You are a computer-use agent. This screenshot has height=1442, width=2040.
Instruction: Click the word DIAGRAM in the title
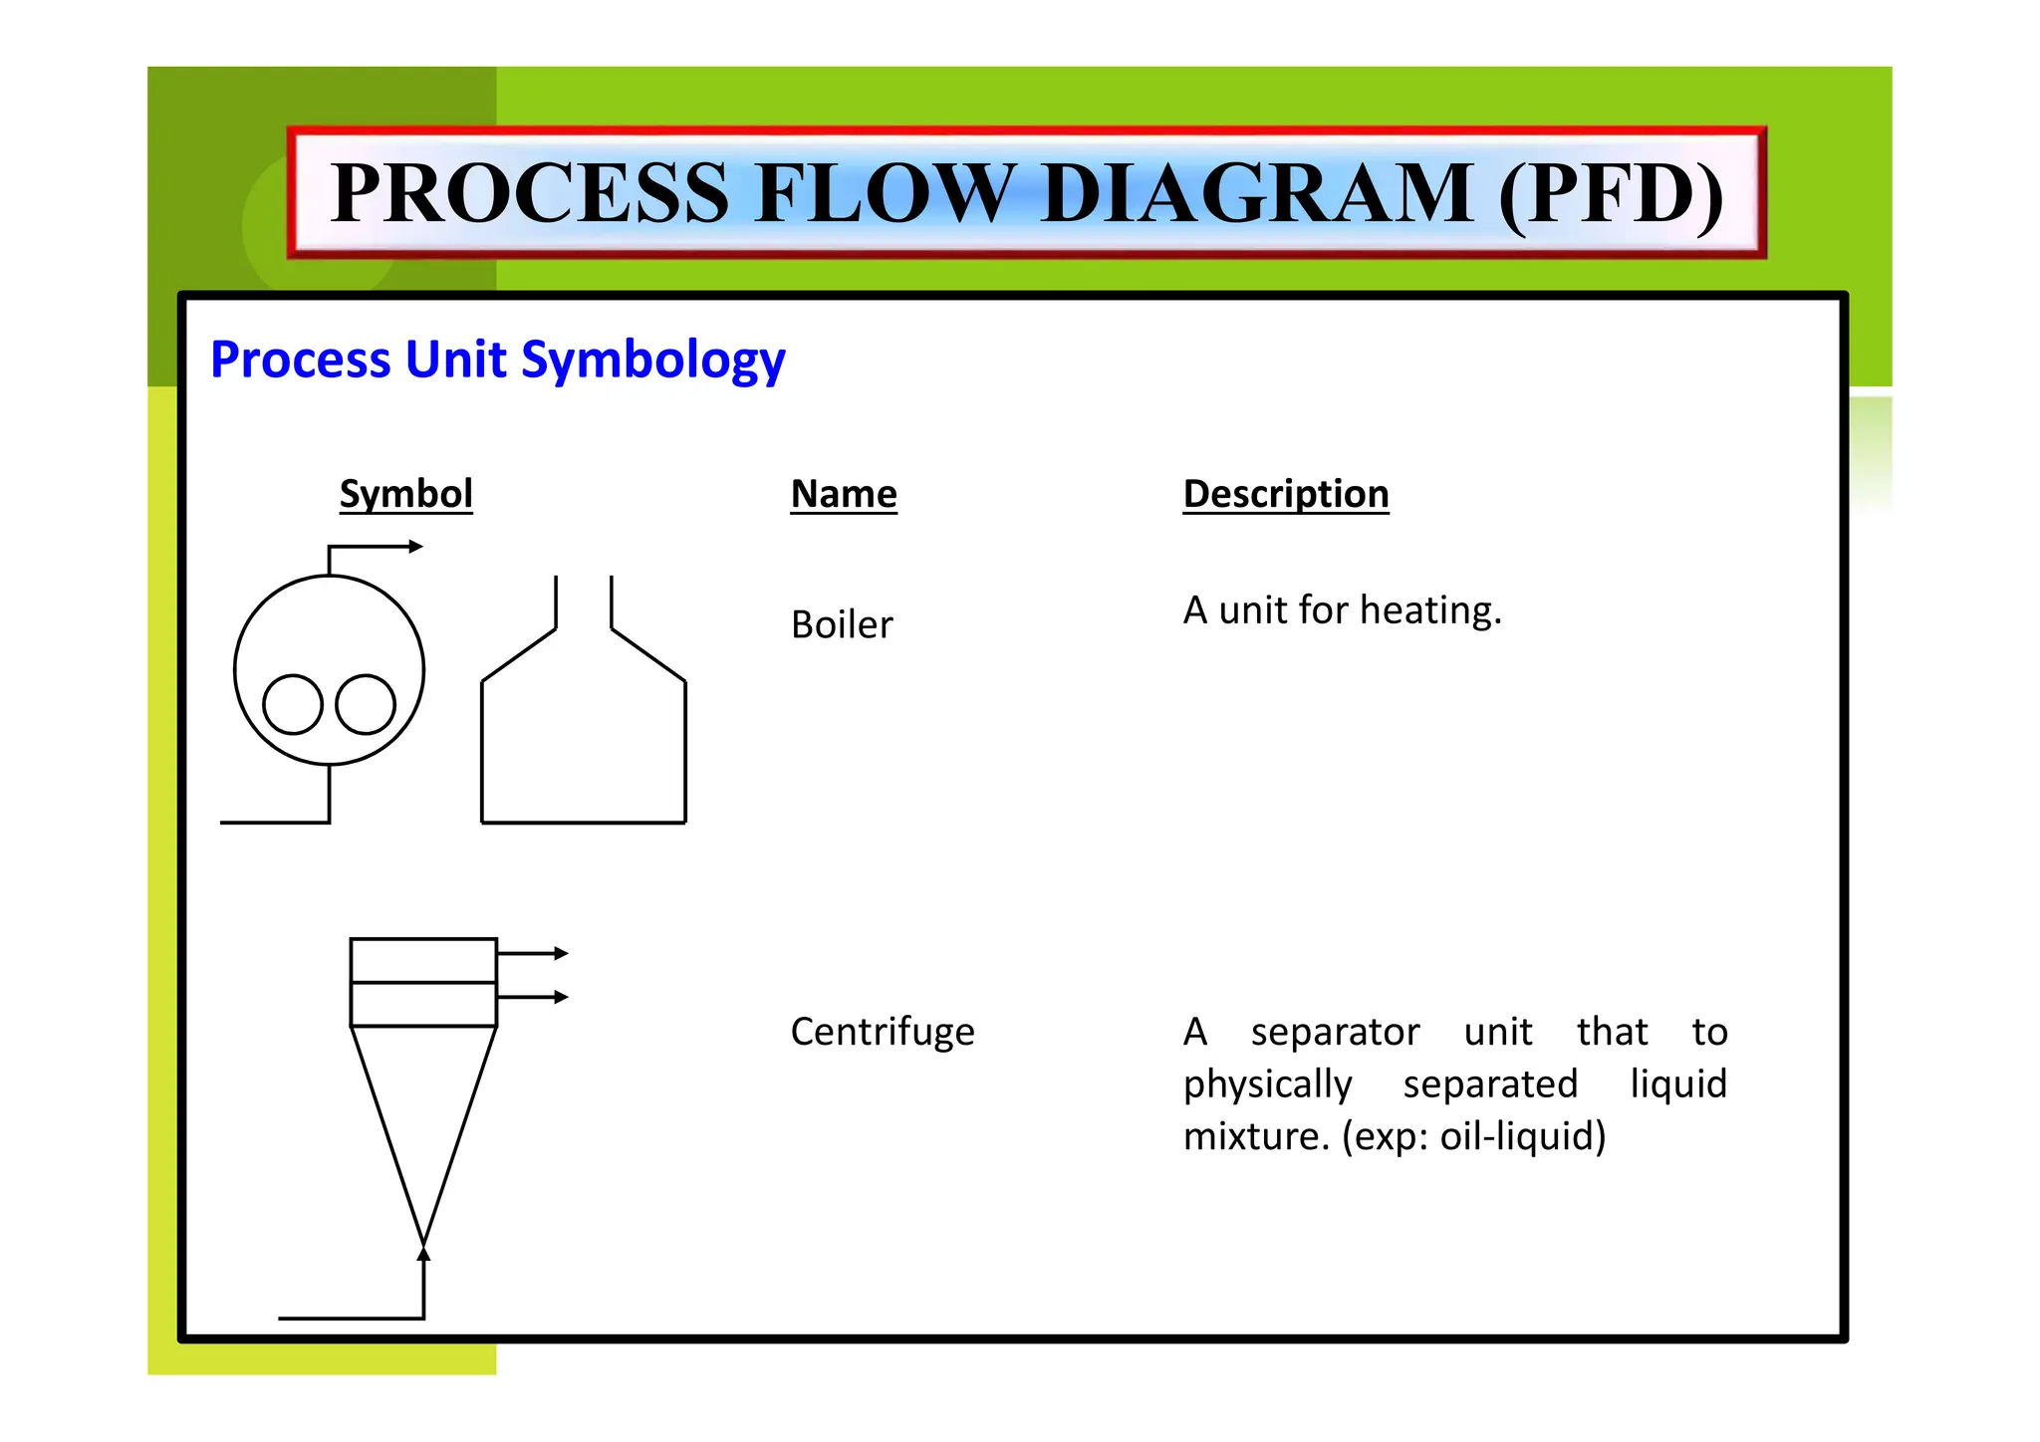(1257, 193)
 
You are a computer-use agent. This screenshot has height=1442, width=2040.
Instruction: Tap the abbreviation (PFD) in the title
(1611, 193)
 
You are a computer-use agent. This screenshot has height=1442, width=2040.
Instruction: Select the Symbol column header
(405, 494)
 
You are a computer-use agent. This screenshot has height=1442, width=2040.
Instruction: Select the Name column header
(843, 494)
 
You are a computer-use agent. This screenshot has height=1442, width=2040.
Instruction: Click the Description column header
(1285, 494)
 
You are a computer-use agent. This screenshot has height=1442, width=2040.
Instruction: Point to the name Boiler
(842, 625)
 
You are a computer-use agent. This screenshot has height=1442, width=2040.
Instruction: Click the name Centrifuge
(882, 1032)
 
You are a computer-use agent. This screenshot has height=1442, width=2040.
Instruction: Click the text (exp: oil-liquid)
(1473, 1136)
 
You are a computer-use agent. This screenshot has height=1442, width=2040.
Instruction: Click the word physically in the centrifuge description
(1267, 1084)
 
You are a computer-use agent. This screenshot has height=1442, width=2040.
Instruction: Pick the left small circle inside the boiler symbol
(293, 704)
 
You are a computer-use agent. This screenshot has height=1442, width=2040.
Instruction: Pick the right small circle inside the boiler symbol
(366, 704)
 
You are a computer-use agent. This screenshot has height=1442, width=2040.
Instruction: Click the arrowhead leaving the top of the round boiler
(416, 546)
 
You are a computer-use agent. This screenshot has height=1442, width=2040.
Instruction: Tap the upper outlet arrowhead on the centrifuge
(562, 953)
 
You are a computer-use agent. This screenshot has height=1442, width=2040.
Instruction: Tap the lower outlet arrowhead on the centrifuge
(562, 997)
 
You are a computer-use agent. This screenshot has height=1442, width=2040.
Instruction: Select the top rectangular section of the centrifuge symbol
(423, 960)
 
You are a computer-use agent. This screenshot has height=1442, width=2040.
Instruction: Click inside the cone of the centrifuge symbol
(423, 1105)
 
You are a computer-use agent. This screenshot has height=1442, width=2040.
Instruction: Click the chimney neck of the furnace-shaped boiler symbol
(584, 602)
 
